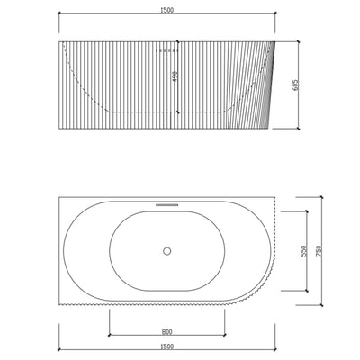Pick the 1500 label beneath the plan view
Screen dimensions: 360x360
[167, 345]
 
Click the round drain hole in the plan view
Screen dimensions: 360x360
[167, 252]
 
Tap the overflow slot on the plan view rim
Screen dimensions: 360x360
[167, 203]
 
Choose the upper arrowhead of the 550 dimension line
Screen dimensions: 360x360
[309, 211]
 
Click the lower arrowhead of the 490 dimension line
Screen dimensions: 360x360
[182, 109]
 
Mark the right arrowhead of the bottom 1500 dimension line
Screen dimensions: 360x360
[274, 350]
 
